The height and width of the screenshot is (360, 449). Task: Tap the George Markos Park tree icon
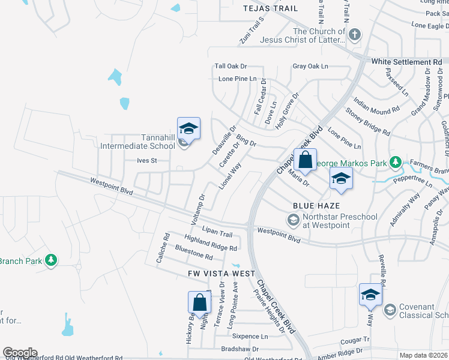(x=396, y=162)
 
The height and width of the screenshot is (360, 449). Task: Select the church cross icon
(x=354, y=35)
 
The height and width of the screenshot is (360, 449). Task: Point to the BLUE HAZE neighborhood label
(x=312, y=205)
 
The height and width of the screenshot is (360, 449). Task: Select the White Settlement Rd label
(x=406, y=62)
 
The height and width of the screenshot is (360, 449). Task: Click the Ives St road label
(x=146, y=161)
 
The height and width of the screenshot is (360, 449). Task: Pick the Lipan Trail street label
(x=217, y=232)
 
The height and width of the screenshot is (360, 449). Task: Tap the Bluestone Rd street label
(x=194, y=252)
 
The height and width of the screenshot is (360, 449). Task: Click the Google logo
(x=20, y=353)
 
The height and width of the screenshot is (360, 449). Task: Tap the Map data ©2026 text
(x=423, y=355)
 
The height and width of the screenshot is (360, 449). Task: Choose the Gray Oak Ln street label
(x=310, y=66)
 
